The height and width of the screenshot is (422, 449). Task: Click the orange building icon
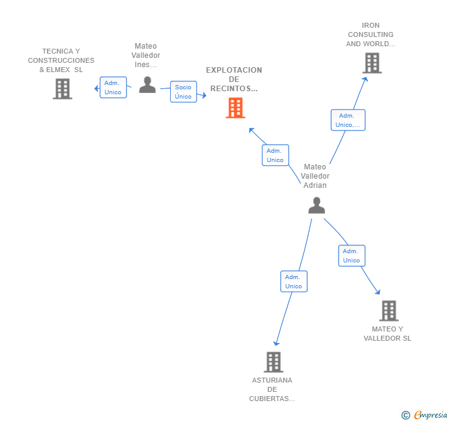[235, 108]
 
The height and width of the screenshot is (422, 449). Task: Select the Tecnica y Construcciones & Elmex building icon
[62, 89]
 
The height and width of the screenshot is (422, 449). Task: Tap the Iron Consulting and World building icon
[371, 63]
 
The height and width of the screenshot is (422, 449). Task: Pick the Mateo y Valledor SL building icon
[389, 310]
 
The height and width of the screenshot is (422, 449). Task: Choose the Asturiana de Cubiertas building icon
[273, 362]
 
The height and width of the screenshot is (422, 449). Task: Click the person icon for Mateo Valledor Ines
[147, 84]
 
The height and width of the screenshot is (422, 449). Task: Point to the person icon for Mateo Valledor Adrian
[316, 205]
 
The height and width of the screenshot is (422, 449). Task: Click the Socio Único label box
[183, 92]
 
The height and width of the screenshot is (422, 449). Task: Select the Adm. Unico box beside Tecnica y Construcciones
[113, 87]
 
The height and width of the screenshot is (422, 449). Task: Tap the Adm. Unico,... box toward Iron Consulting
[348, 120]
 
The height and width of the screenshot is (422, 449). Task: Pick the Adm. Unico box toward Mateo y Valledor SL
[352, 256]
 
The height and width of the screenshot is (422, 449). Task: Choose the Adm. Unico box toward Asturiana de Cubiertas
[294, 282]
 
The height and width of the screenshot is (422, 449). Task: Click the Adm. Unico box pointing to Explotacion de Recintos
[275, 155]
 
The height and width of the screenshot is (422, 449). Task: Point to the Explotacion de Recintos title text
[234, 79]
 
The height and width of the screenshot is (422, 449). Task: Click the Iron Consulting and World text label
[370, 34]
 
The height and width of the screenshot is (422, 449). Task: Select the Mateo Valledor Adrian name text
[315, 176]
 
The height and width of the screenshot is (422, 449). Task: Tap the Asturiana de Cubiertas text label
[272, 389]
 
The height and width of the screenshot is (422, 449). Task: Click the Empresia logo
[430, 415]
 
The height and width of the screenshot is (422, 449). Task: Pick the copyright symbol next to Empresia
[405, 416]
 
